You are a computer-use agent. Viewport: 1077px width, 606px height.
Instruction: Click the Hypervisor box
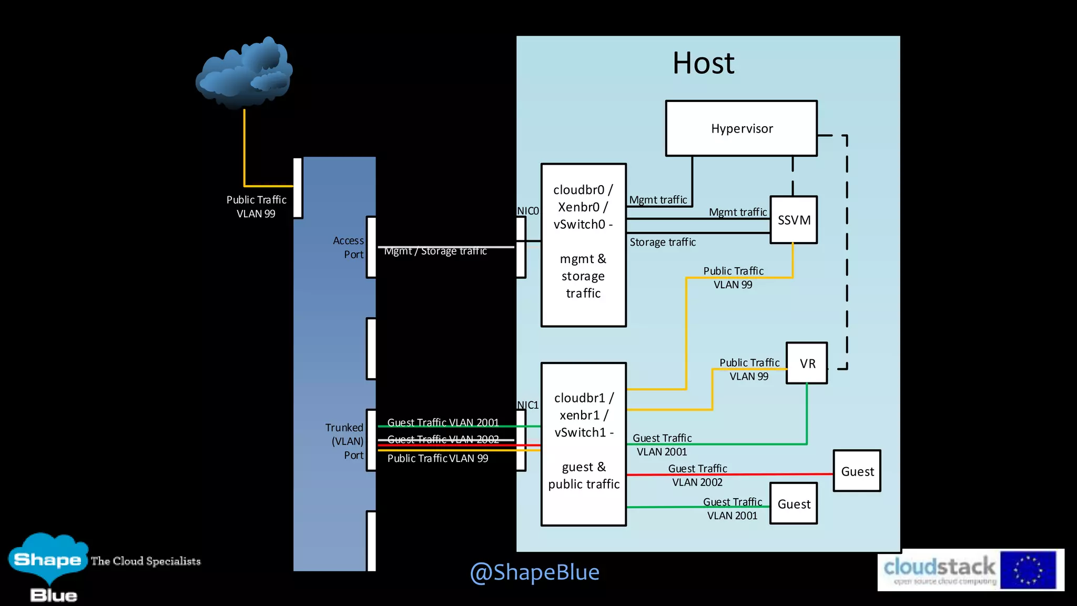[741, 128]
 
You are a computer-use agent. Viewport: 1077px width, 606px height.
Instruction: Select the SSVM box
[794, 220]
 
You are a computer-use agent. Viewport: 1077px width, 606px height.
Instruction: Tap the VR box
[807, 363]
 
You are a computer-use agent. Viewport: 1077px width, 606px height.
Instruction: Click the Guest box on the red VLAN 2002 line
[857, 471]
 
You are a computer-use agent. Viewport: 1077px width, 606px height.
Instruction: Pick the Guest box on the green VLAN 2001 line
[793, 504]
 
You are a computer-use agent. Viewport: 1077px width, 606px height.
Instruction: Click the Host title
[703, 63]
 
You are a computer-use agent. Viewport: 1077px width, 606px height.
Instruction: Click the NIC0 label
[527, 211]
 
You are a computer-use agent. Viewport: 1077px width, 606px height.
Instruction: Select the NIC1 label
[527, 405]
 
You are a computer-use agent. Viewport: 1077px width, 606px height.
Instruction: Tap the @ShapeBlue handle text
[534, 572]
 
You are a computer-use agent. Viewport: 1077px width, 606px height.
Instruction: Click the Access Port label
[349, 247]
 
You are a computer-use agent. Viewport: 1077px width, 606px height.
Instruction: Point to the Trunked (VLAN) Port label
[345, 441]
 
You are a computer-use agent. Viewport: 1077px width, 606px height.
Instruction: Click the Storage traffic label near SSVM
[663, 242]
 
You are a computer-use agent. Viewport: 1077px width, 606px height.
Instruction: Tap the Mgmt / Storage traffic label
[435, 251]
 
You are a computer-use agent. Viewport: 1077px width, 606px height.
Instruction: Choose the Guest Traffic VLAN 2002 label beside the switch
[443, 439]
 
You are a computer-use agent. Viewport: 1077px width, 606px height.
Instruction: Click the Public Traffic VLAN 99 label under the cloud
[256, 207]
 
